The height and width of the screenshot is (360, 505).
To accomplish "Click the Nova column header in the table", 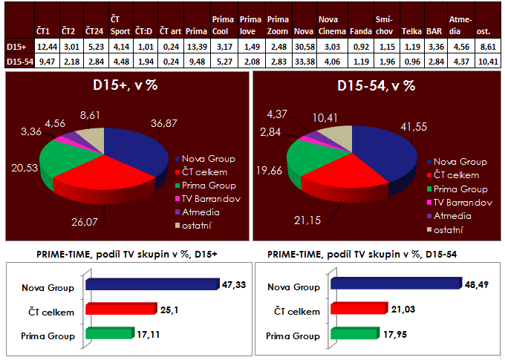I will (303, 33).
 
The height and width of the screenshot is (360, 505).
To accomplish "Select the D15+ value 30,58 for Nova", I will (303, 46).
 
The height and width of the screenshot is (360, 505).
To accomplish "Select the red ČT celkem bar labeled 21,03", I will (357, 308).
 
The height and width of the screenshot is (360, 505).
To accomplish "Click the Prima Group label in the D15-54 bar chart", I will (294, 335).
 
